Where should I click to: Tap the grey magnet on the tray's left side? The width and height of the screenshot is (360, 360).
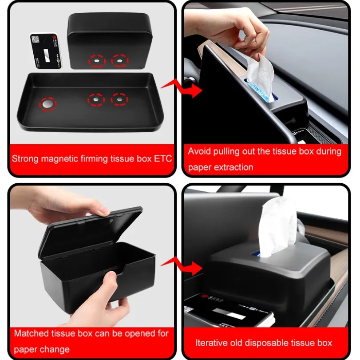(x=47, y=103)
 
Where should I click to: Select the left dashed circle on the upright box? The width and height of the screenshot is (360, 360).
(x=97, y=60)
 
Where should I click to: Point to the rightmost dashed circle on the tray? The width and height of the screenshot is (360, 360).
(x=119, y=99)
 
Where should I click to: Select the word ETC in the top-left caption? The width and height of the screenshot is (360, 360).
(x=162, y=158)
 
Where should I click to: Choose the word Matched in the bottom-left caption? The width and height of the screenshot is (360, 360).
(x=29, y=333)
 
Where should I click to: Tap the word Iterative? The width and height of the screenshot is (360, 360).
(x=211, y=343)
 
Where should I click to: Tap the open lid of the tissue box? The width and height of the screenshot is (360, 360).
(x=91, y=230)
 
